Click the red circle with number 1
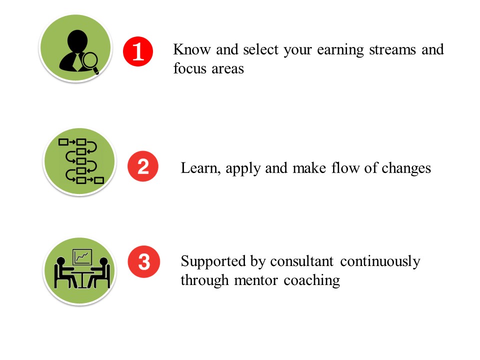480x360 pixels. [x=138, y=51]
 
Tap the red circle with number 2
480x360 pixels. [x=143, y=166]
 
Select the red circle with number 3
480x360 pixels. [x=144, y=261]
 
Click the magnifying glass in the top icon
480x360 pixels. [x=90, y=63]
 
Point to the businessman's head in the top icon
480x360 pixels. [x=77, y=41]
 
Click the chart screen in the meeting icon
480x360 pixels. [x=82, y=257]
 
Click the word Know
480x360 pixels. [x=192, y=49]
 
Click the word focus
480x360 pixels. [x=190, y=68]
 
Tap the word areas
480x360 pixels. [x=228, y=69]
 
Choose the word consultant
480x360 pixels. [x=301, y=261]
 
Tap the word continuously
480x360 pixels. [x=380, y=262]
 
